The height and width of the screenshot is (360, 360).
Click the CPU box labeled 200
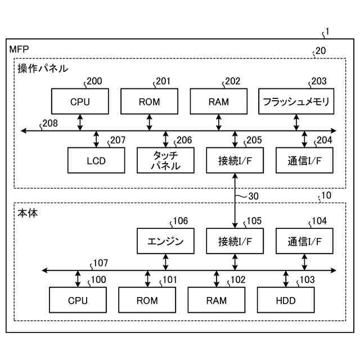pos(80,101)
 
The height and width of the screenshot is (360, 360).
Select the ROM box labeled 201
pos(149,101)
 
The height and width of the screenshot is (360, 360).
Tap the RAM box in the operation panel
pos(219,101)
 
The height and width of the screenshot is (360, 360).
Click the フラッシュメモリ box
pos(296,101)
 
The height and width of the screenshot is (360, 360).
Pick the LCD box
pos(96,160)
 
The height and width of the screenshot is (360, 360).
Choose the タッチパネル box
pos(165,160)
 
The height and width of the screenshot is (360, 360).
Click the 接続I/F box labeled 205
pos(235,160)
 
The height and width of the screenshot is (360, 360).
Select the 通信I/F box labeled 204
pos(304,160)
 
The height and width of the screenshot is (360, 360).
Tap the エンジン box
pos(165,241)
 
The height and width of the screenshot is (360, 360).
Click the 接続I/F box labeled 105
pos(235,241)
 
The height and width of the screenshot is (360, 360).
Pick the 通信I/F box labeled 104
pos(304,241)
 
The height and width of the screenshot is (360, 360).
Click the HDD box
pos(286,300)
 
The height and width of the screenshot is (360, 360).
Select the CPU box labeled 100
pos(78,300)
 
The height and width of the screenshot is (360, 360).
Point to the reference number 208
pos(50,124)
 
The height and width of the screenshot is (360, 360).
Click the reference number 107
pos(101,263)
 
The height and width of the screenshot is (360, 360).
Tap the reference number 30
pos(254,196)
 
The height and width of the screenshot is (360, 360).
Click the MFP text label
pos(19,49)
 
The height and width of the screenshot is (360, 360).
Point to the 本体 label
pos(28,213)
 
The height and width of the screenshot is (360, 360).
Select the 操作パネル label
pos(43,69)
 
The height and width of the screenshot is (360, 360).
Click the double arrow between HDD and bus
pos(286,279)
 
